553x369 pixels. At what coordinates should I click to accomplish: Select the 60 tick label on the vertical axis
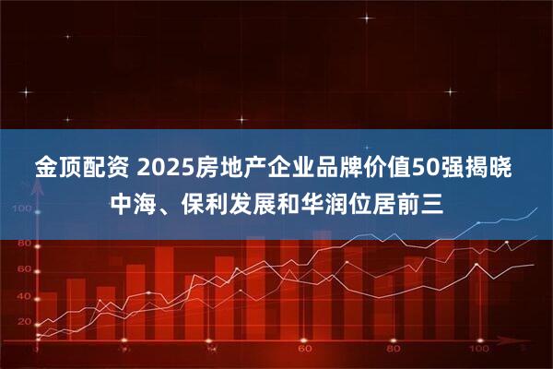[24, 268]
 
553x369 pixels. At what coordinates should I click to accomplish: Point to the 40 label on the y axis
[24, 294]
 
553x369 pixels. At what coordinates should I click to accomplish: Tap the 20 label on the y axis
[24, 321]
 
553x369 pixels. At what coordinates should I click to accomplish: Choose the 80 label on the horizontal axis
[392, 351]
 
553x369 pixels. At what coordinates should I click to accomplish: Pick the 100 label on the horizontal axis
[480, 351]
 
